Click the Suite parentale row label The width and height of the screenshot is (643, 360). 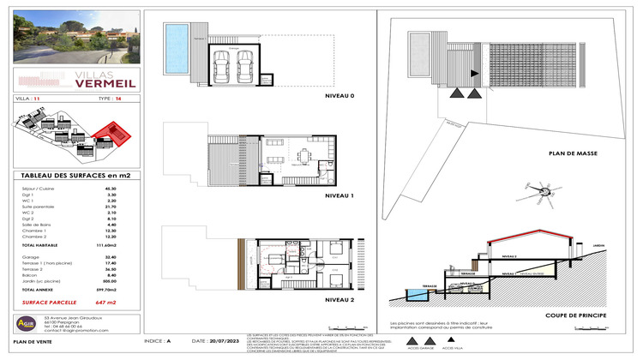35,207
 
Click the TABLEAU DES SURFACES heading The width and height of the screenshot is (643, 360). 69,175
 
